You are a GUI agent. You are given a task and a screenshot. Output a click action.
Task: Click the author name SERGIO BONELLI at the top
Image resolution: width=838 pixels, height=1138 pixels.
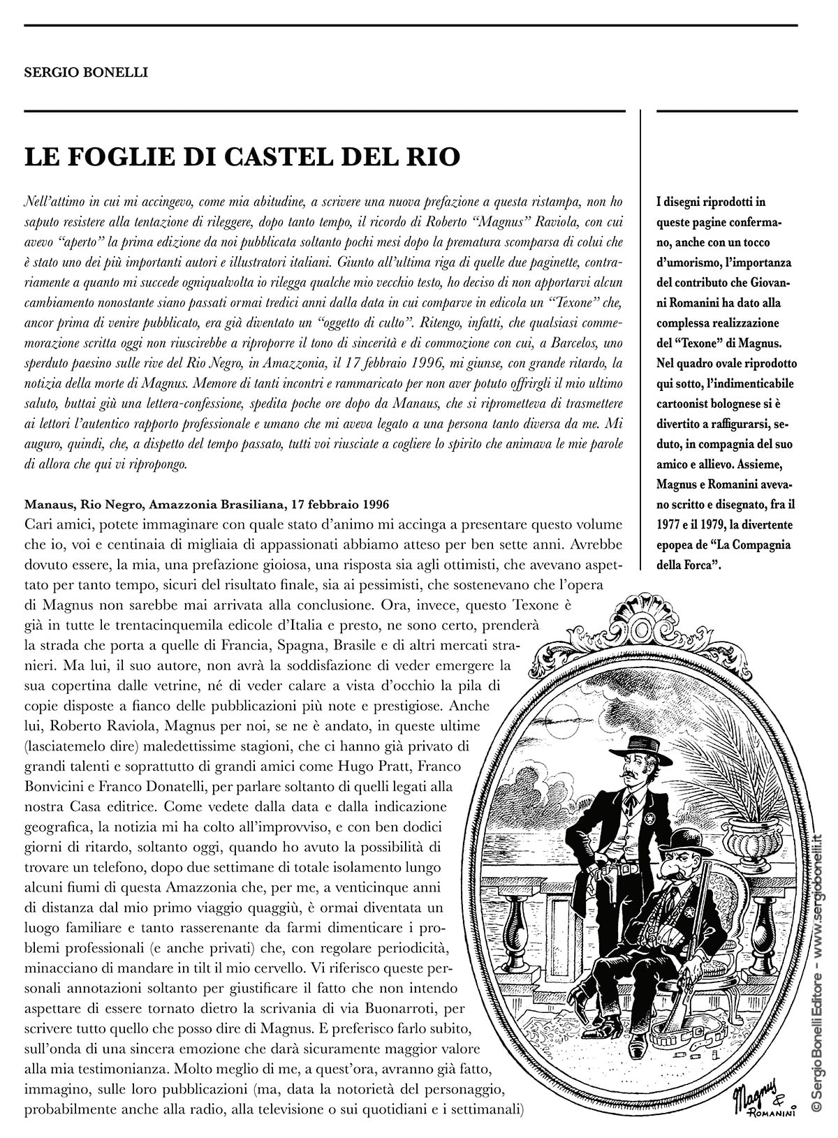[x=86, y=72]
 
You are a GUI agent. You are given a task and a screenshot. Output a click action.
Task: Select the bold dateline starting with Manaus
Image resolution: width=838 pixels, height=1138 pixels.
[x=207, y=504]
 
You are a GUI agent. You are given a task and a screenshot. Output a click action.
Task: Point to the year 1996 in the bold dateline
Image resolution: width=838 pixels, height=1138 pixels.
[x=374, y=504]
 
